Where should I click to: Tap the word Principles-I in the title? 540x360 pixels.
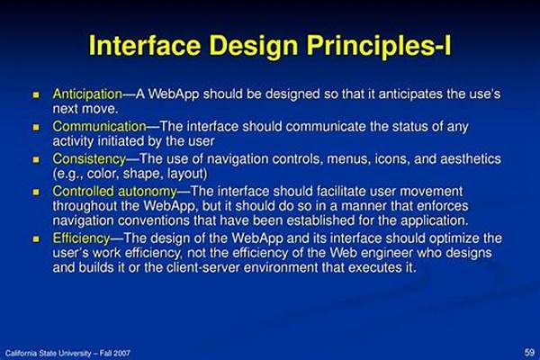[379, 47]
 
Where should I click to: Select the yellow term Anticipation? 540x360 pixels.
[87, 94]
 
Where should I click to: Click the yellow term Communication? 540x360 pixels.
[100, 126]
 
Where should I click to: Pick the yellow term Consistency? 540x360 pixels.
[89, 159]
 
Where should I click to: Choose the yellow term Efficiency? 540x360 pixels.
[81, 238]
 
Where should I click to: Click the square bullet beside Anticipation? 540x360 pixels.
[36, 94]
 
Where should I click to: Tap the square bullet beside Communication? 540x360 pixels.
[36, 127]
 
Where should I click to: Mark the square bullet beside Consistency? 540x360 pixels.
[36, 159]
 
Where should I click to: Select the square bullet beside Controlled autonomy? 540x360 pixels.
[36, 192]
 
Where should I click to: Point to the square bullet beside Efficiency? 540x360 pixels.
[36, 238]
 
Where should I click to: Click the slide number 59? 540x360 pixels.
[529, 353]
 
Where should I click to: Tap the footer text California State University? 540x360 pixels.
[49, 353]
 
